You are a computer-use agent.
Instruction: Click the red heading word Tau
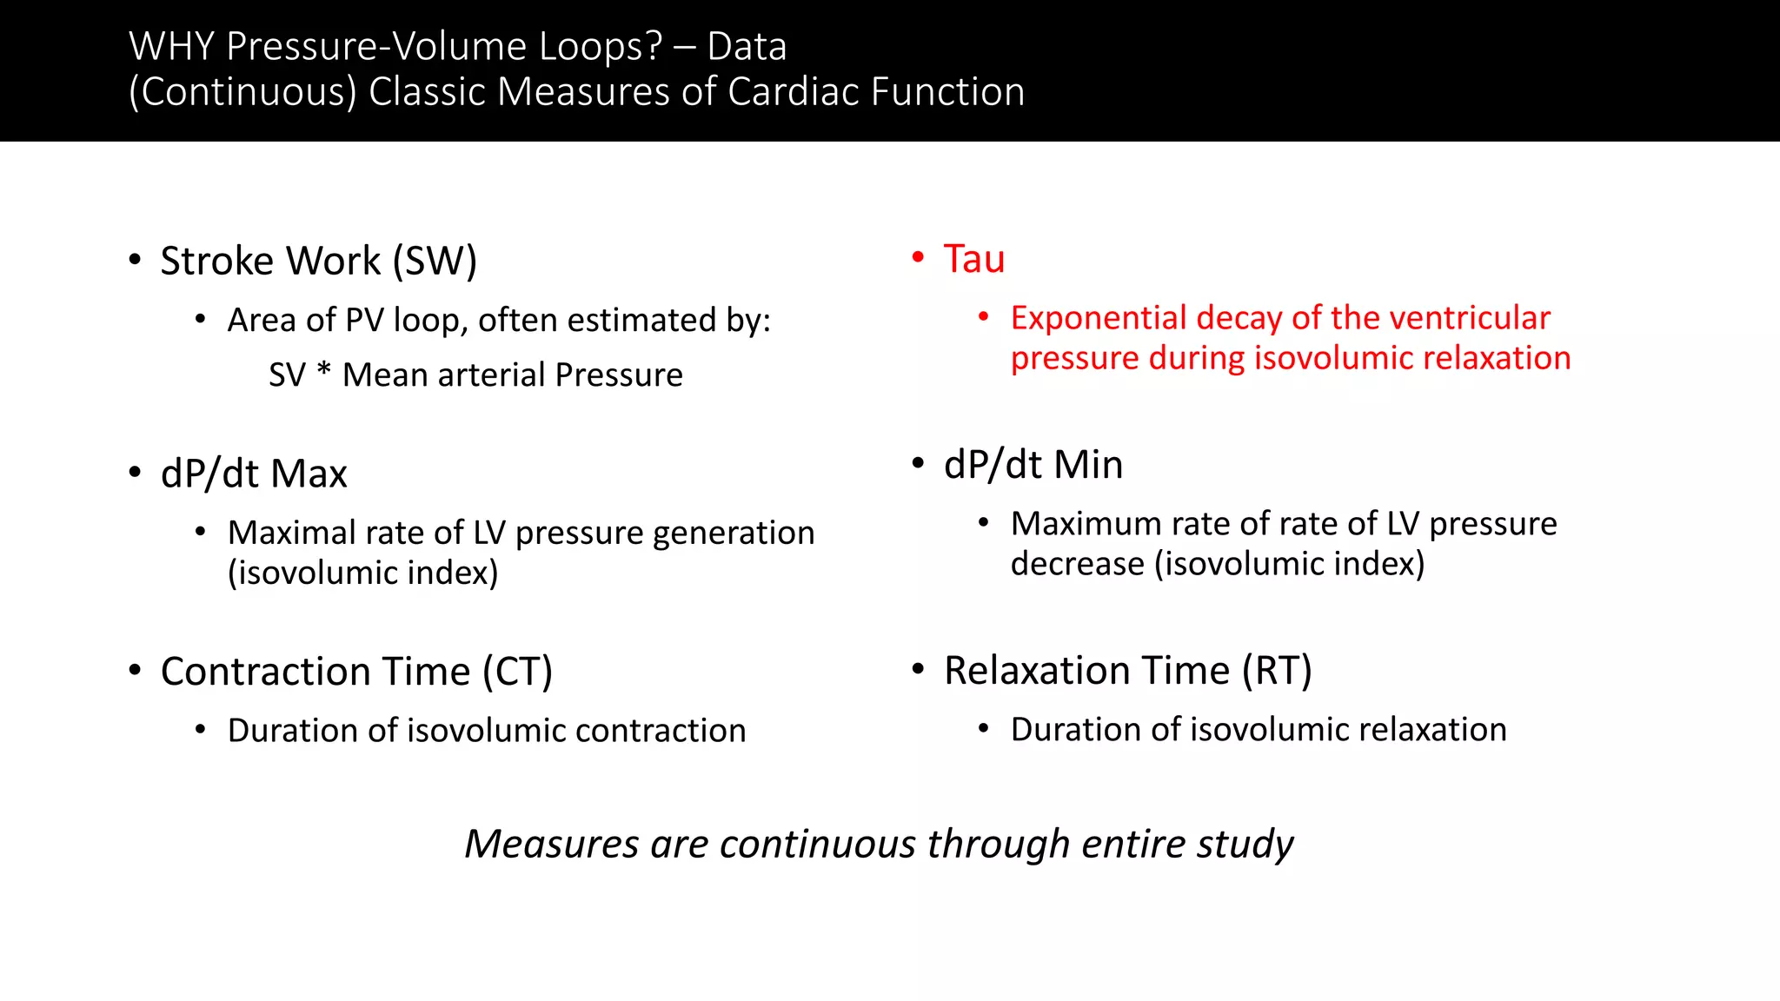(973, 259)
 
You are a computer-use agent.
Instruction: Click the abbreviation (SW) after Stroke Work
(435, 261)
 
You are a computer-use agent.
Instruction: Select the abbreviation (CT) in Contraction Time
(518, 672)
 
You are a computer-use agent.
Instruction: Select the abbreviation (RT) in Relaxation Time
(1277, 671)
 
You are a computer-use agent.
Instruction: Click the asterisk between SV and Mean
(324, 372)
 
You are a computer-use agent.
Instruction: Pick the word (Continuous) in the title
(242, 92)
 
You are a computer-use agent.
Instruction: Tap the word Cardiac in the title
(794, 92)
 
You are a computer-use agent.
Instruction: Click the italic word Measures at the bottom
(551, 844)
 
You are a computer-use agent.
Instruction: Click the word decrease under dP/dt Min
(1077, 564)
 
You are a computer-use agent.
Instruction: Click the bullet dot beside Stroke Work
(135, 259)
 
